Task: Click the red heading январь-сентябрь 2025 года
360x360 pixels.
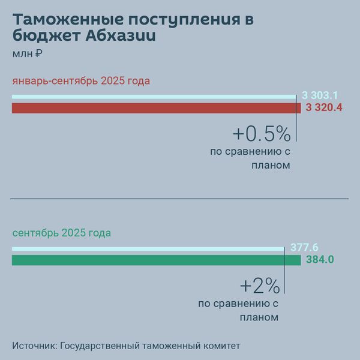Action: point(81,81)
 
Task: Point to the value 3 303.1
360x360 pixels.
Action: point(320,95)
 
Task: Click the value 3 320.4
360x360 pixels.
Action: point(324,108)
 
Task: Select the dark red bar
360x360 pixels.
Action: point(156,108)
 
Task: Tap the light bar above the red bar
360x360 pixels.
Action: point(154,96)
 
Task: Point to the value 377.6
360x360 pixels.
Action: point(304,248)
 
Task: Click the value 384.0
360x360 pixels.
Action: point(320,260)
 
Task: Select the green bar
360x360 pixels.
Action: point(156,260)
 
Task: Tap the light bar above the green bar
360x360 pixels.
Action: point(148,248)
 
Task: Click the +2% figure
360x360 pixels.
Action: point(259,285)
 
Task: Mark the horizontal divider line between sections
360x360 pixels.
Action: point(180,198)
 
